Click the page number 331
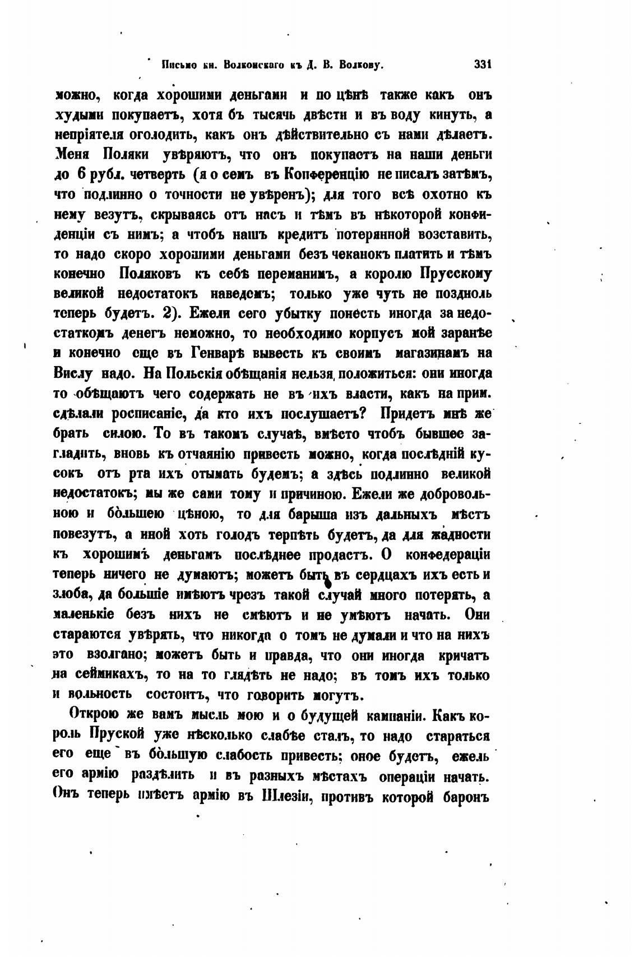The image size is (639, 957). click(483, 65)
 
